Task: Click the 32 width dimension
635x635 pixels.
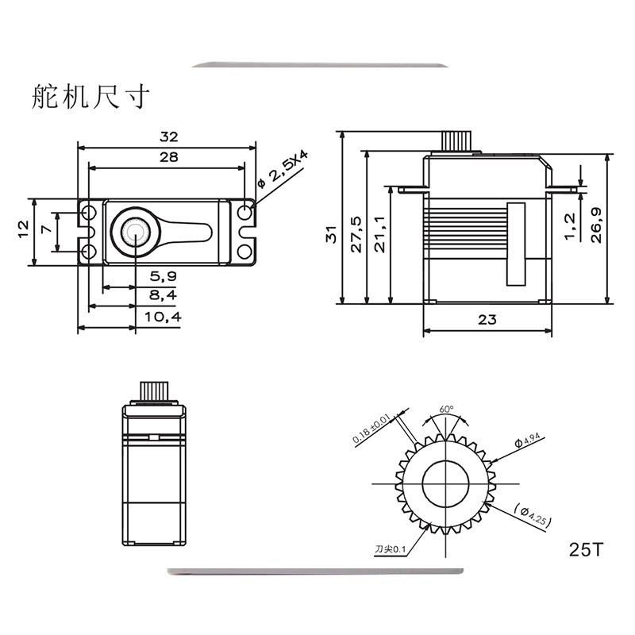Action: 167,136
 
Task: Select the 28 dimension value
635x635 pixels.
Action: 167,157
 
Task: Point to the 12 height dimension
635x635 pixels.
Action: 23,229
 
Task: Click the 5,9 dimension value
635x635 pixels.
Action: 164,276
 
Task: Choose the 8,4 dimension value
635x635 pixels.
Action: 164,296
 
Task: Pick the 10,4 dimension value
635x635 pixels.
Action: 164,317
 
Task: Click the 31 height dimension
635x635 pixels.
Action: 333,233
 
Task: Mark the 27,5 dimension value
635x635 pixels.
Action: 356,233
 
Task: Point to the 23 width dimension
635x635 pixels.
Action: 487,320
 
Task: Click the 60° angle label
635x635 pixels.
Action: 447,410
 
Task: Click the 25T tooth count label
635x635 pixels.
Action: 587,549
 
